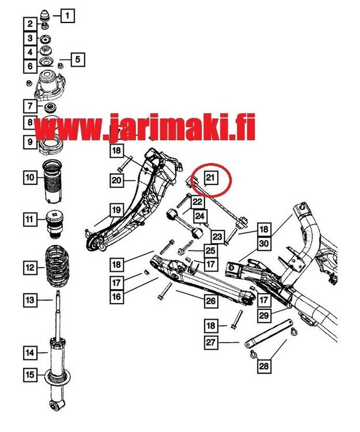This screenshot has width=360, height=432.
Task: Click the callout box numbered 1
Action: pos(67,16)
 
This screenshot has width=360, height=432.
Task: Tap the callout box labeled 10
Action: pos(29,177)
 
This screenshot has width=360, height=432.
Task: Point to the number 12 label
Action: pos(29,267)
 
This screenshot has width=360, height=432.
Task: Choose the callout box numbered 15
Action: pos(29,375)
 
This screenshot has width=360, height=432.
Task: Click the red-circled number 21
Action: pos(210,177)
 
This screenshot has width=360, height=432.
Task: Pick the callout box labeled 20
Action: pos(117,181)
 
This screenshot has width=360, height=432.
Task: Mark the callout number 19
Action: pos(117,210)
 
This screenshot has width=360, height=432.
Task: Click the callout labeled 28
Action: pos(264,366)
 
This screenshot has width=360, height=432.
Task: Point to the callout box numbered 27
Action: pos(210,343)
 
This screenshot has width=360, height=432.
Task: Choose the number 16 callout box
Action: pos(117,296)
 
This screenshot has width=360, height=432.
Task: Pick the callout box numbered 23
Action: pos(217,235)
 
